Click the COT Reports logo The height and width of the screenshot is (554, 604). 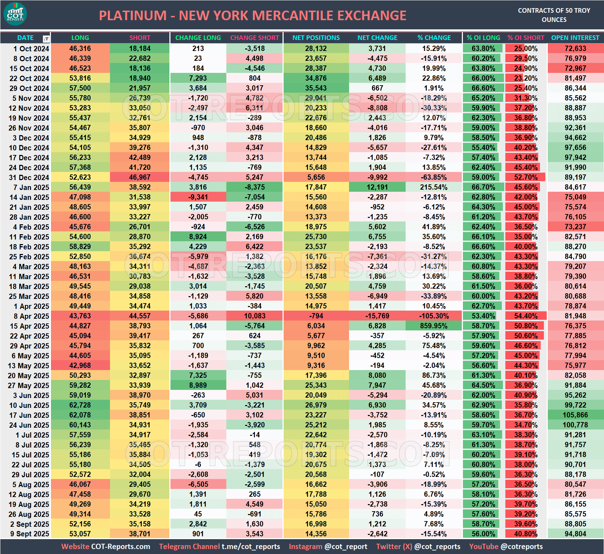[15, 14]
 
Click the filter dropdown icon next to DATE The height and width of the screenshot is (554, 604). [46, 39]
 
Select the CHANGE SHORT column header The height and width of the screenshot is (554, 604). [255, 38]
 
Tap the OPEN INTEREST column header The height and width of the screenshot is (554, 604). [575, 38]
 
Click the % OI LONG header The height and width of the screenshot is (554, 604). [483, 38]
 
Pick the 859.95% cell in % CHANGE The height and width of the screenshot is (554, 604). [434, 326]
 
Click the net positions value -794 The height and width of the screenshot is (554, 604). [316, 316]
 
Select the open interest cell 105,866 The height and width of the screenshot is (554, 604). [575, 415]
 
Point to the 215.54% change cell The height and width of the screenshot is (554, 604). [434, 187]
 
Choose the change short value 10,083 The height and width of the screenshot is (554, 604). [255, 316]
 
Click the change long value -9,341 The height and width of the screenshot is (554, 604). [198, 197]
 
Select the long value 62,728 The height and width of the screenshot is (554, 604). [80, 405]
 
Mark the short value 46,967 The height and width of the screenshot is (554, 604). [140, 177]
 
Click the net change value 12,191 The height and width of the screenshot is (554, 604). [377, 187]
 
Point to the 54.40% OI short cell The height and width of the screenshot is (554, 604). [525, 316]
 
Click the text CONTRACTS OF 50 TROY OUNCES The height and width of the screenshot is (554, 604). [554, 15]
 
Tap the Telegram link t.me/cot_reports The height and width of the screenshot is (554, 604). [251, 547]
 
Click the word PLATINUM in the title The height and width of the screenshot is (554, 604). [133, 16]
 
